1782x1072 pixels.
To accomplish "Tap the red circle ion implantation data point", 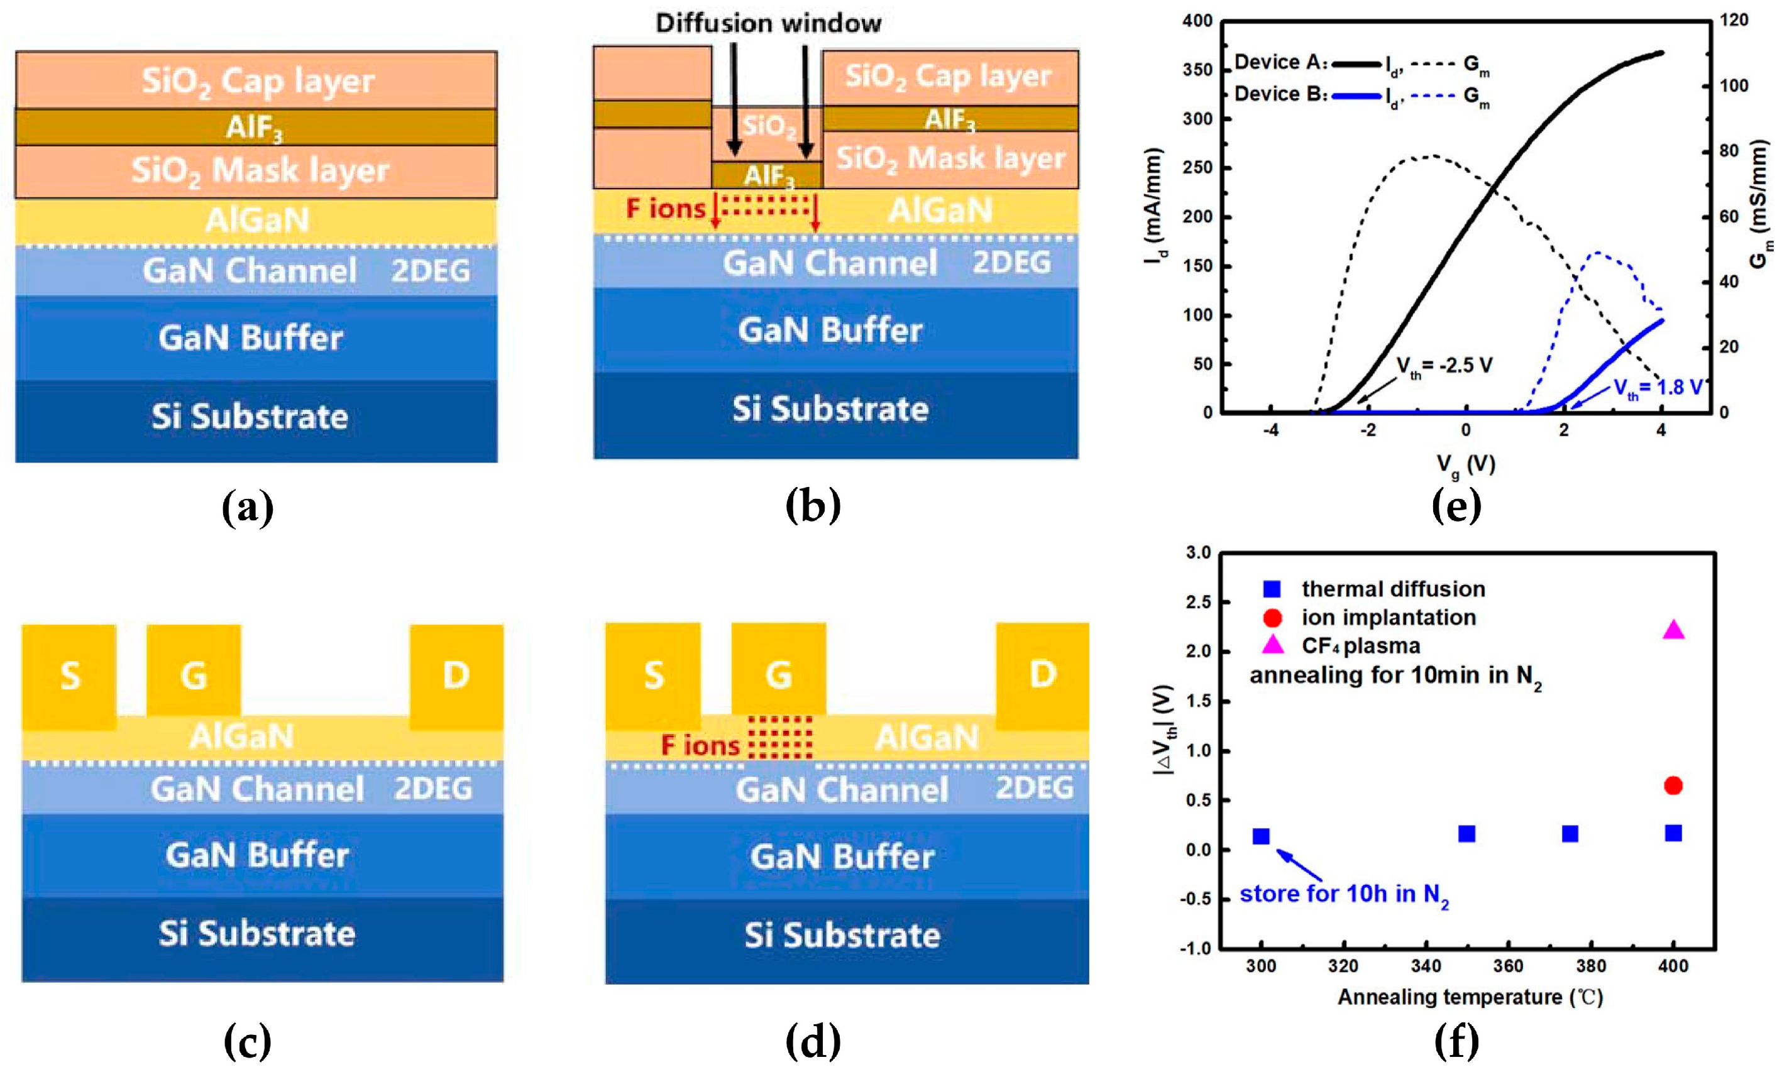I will click(x=1673, y=785).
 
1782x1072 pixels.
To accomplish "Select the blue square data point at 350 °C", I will click(x=1466, y=834).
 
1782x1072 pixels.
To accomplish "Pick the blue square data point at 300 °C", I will click(x=1261, y=836).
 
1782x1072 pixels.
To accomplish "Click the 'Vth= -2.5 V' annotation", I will click(x=1444, y=366).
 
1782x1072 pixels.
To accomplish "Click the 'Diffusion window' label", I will click(x=768, y=24).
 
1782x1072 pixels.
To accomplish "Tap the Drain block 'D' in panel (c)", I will click(x=456, y=675).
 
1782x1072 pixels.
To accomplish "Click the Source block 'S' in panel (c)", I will click(x=69, y=675).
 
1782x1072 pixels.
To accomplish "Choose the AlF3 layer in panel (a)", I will click(x=256, y=128).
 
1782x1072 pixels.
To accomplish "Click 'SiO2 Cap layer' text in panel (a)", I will click(x=257, y=81).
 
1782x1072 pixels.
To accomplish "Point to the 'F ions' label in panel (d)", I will click(x=700, y=745).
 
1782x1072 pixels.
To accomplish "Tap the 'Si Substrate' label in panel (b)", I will click(x=830, y=410).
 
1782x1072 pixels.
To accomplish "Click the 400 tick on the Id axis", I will click(x=1197, y=21).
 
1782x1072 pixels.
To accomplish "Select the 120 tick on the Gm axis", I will click(x=1733, y=20).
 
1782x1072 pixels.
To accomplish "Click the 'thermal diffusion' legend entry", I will click(x=1392, y=589).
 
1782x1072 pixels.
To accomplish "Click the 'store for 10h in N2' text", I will click(x=1344, y=895).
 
